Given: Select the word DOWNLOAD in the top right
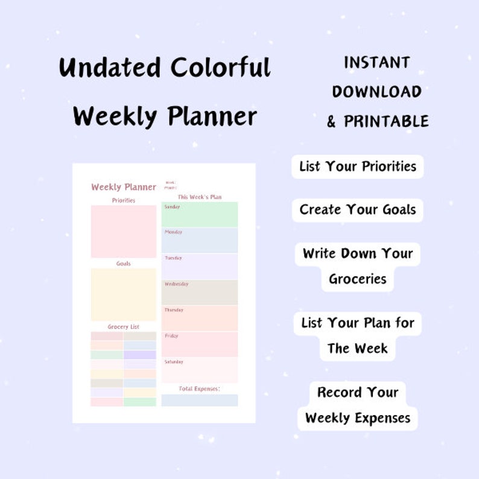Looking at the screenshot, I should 376,92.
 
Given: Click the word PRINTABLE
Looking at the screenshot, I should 386,121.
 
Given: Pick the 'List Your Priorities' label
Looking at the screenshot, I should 358,167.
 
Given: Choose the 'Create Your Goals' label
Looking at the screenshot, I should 358,210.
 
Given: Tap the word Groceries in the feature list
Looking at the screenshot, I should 358,279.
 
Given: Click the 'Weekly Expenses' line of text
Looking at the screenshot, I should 358,417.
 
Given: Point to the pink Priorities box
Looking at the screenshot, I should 124,232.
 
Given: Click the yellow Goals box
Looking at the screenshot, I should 124,294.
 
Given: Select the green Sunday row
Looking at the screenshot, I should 200,215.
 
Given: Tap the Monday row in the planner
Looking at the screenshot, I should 200,241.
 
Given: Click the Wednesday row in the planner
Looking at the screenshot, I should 200,293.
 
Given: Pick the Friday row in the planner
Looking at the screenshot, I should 200,344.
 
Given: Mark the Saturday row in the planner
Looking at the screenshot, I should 200,370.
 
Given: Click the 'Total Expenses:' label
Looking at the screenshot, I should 200,389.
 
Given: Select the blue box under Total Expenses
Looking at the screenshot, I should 200,400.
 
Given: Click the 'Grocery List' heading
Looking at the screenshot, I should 124,327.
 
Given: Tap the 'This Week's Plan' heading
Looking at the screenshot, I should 200,197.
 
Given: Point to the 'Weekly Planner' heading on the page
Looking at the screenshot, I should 124,187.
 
